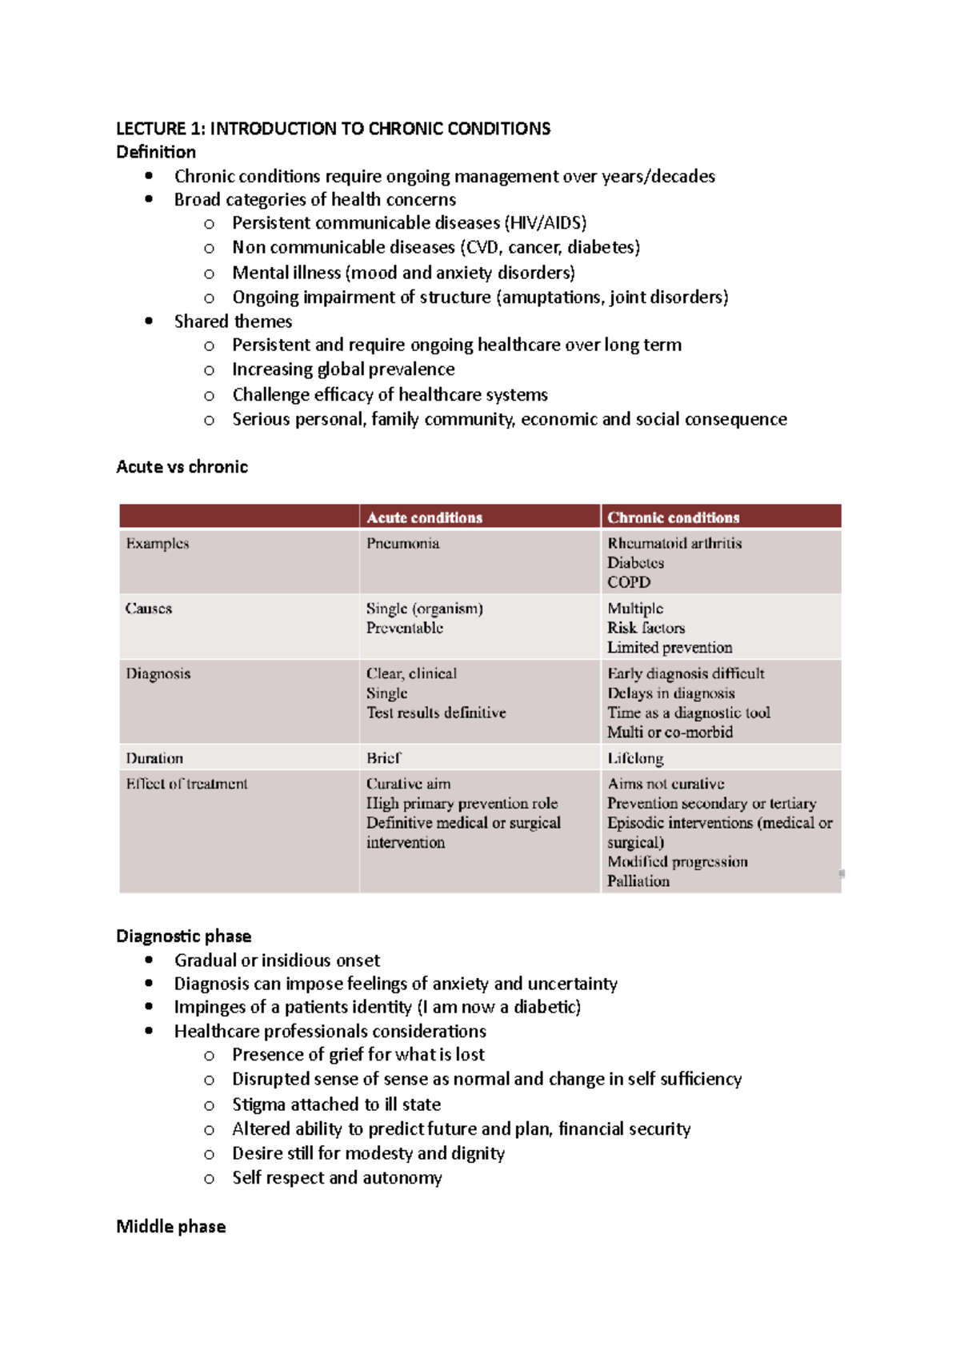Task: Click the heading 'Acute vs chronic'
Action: coord(182,467)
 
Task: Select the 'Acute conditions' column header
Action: coord(424,517)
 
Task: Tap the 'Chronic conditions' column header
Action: coord(673,517)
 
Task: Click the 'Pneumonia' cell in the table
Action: coord(402,544)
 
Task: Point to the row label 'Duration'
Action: coord(154,758)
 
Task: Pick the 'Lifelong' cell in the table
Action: coord(635,758)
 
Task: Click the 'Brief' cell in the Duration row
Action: coord(383,758)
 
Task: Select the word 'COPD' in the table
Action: coord(628,582)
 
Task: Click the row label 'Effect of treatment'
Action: coord(186,784)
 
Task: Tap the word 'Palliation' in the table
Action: coord(638,881)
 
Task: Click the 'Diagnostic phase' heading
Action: coord(183,937)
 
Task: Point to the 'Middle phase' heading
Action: coord(170,1227)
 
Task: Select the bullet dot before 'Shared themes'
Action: coord(149,321)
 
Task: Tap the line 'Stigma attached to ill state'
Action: coord(336,1104)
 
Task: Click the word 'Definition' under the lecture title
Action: coord(155,152)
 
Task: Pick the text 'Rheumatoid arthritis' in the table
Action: coord(674,544)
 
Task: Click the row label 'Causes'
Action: coord(148,609)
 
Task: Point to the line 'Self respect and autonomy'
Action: coord(337,1178)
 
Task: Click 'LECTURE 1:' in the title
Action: coord(160,129)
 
